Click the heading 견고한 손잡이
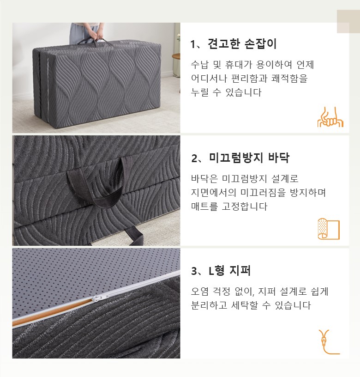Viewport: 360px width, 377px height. click(242, 44)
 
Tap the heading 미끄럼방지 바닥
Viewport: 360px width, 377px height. click(249, 158)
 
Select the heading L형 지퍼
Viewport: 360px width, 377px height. click(229, 271)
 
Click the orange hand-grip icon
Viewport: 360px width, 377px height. click(330, 117)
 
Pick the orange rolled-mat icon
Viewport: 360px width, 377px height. click(329, 229)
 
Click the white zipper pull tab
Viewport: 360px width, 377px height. click(97, 298)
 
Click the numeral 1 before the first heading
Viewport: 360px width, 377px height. click(193, 44)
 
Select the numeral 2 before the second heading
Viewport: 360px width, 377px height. click(194, 158)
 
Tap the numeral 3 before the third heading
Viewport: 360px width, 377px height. click(194, 271)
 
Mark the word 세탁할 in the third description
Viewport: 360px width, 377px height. click(244, 305)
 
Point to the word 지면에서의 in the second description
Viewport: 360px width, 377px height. click(214, 192)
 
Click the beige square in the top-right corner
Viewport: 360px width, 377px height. click(348, 22)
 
